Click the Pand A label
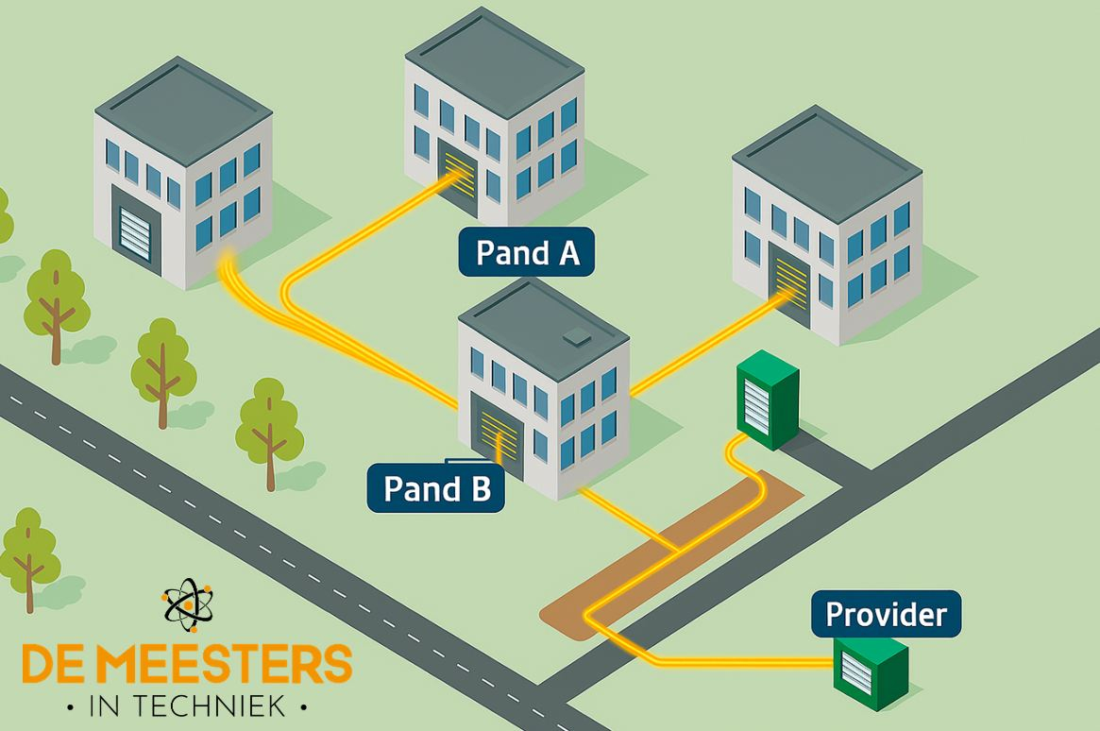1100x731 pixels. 526,252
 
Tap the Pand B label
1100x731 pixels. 435,487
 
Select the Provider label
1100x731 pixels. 885,614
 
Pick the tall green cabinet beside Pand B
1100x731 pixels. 767,399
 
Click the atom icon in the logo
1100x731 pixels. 187,606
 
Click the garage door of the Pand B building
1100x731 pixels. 499,437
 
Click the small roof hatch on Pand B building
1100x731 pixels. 574,338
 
